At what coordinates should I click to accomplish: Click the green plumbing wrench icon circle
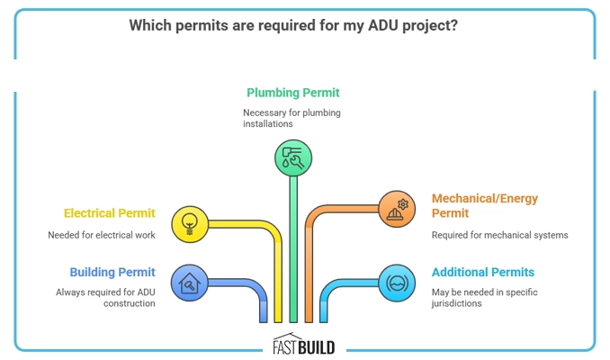(292, 158)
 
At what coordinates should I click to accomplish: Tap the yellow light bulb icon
(190, 221)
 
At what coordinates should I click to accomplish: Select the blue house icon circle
(190, 283)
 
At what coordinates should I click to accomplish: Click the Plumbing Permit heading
(293, 93)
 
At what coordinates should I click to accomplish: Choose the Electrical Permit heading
(109, 214)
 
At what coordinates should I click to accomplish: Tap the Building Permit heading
(112, 272)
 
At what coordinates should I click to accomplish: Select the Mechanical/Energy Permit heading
(484, 205)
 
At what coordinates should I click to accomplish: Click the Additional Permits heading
(483, 272)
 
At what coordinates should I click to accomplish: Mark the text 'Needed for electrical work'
(102, 235)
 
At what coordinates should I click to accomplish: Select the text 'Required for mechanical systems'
(500, 236)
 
